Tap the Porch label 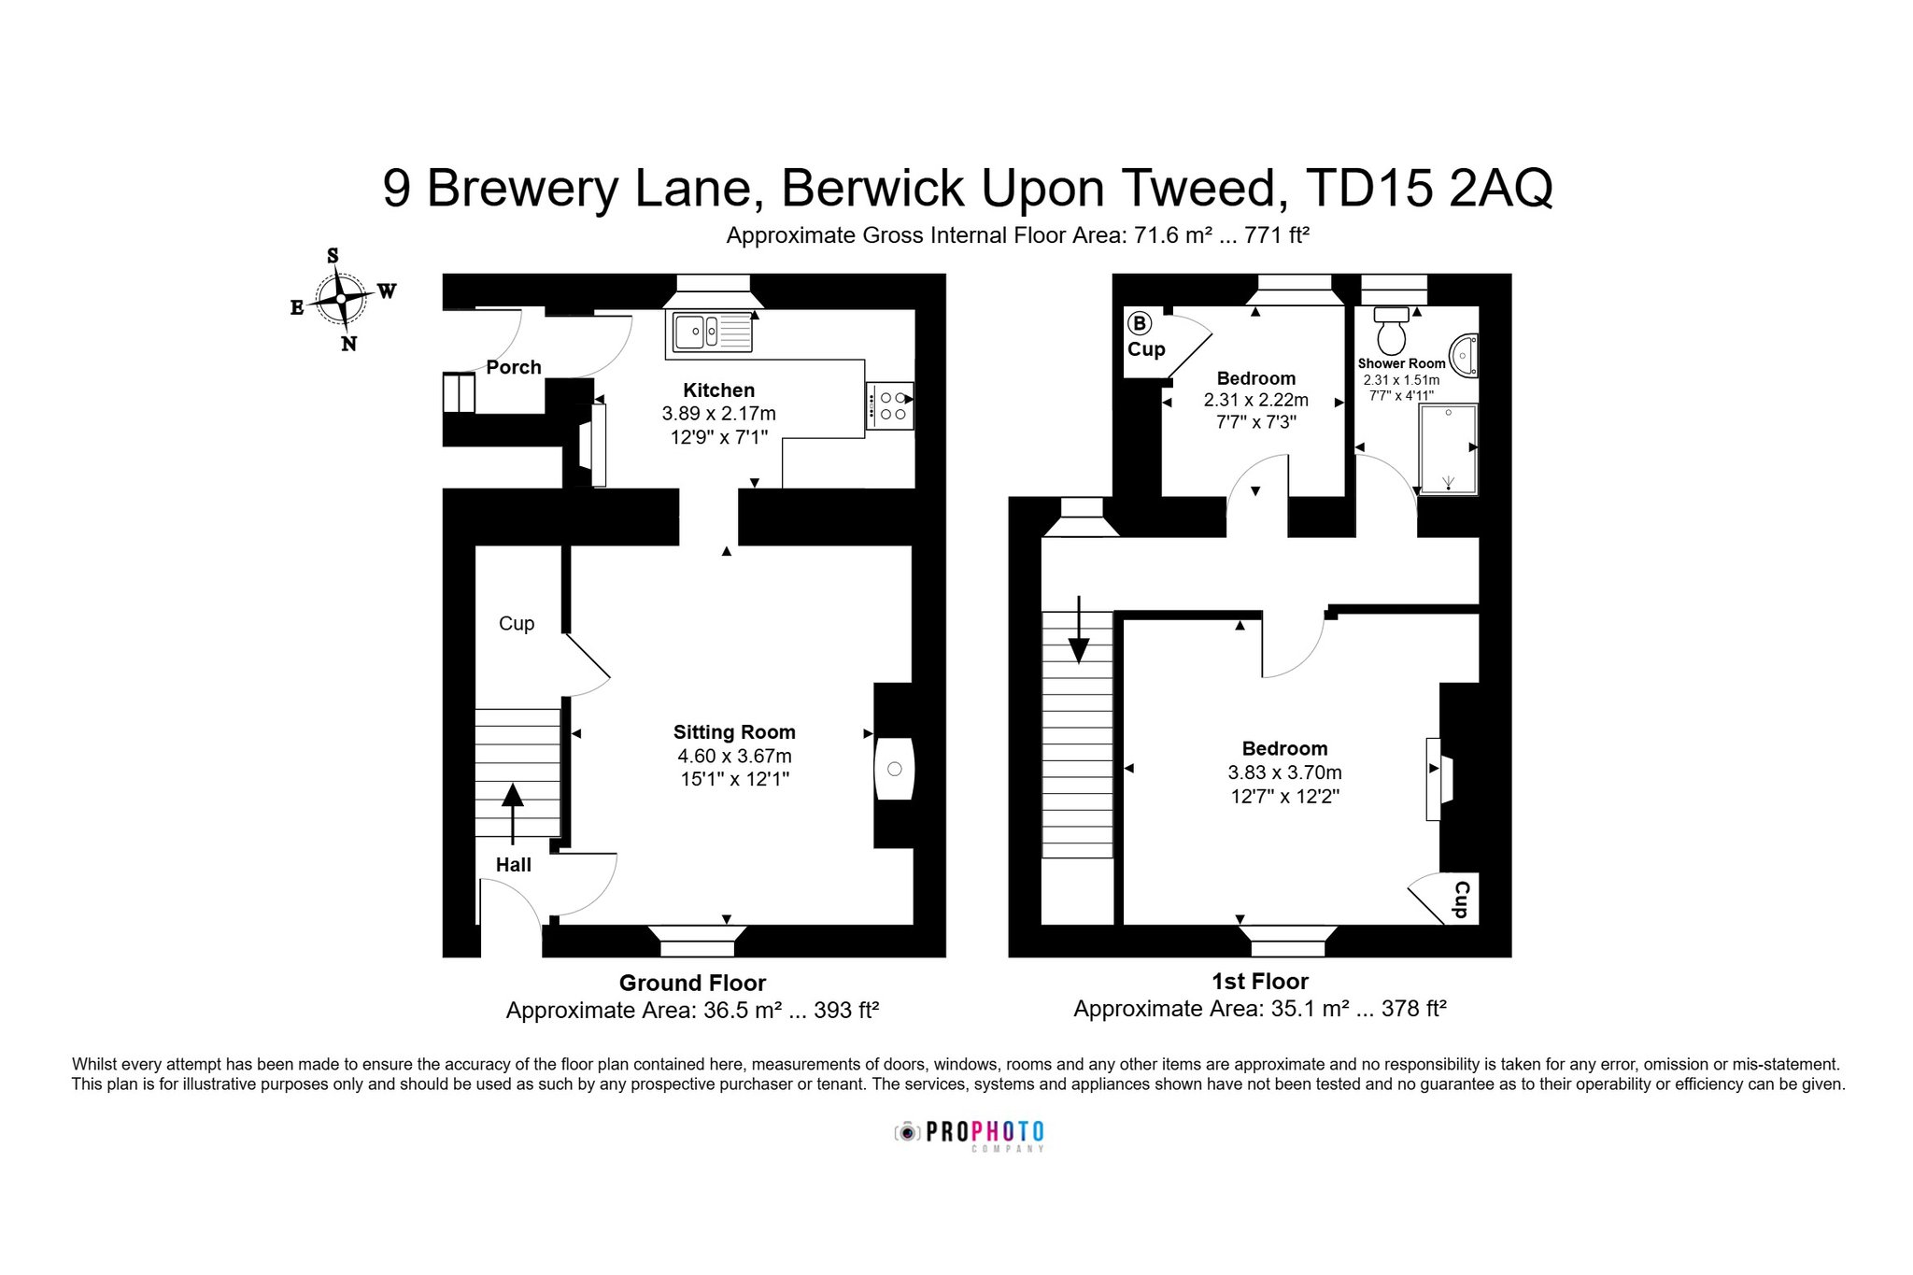click(x=514, y=367)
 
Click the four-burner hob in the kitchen click(x=889, y=405)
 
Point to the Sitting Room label click(x=734, y=732)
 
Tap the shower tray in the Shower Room click(x=1448, y=449)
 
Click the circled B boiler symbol click(x=1139, y=324)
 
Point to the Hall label click(x=514, y=865)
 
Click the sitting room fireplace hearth click(x=894, y=769)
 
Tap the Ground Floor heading click(x=692, y=983)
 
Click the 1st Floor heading click(x=1260, y=981)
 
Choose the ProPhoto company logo click(x=970, y=1135)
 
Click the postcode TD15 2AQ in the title click(x=1429, y=188)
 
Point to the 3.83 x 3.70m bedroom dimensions click(x=1284, y=772)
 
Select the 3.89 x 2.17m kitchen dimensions click(x=718, y=413)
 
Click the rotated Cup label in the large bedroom click(x=1462, y=899)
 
